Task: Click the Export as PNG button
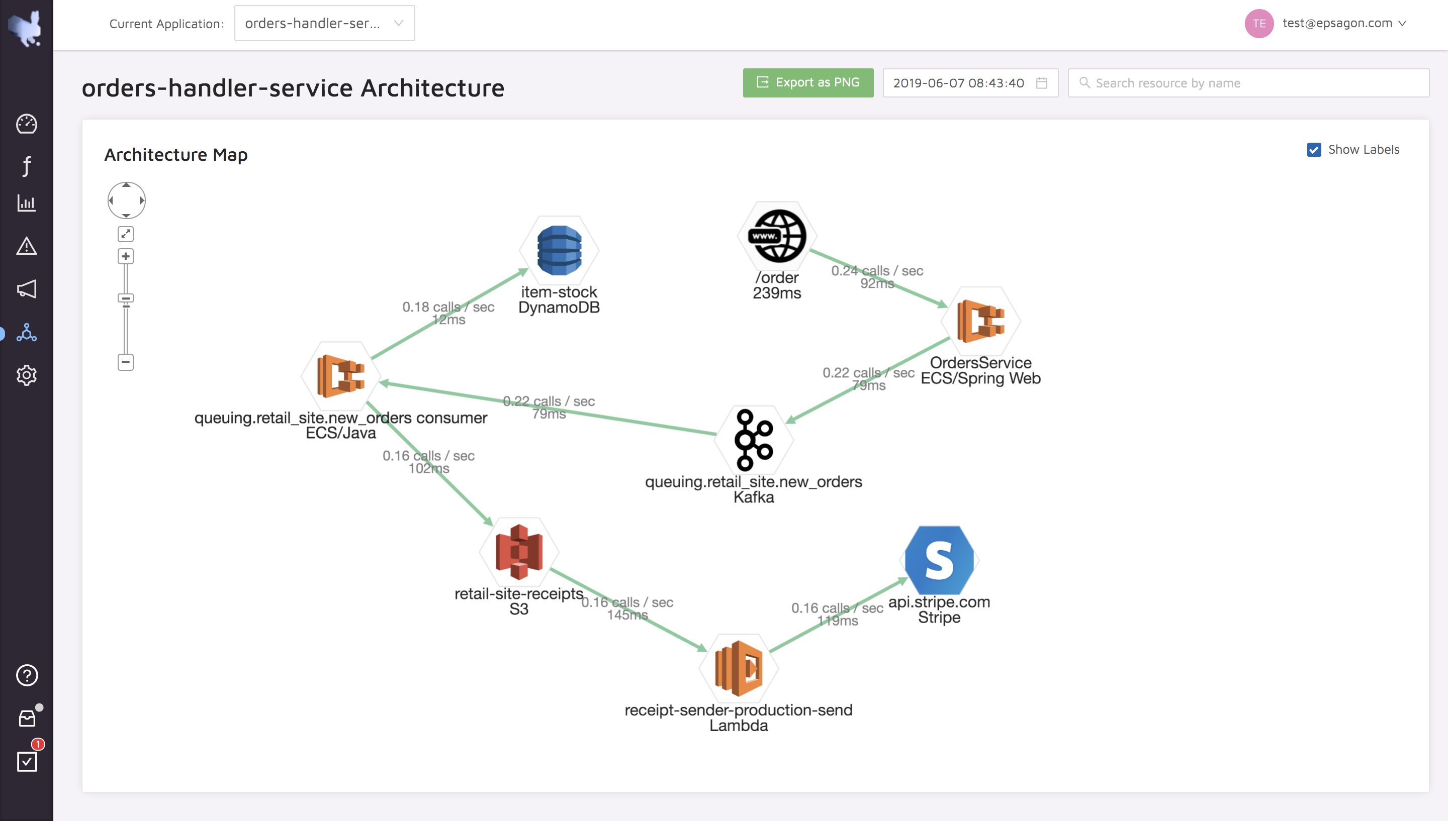pos(808,83)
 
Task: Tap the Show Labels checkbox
pos(1314,149)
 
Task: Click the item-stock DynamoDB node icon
pos(559,250)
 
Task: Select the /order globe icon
pos(777,236)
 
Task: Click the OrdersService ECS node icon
pos(981,321)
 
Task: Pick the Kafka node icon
pos(754,440)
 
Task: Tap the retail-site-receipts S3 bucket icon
pos(519,552)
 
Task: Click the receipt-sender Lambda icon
pos(739,668)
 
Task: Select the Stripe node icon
pos(939,560)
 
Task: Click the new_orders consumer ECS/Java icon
pos(341,376)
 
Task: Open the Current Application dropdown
pos(324,23)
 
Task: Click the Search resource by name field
pos(1248,83)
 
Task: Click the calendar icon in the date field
pos(1042,83)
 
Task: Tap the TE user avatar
pos(1259,24)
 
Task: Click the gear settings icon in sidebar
pos(27,375)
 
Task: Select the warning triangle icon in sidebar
pos(27,246)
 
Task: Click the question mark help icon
pos(27,675)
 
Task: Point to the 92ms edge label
pos(877,283)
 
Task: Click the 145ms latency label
pos(627,615)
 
